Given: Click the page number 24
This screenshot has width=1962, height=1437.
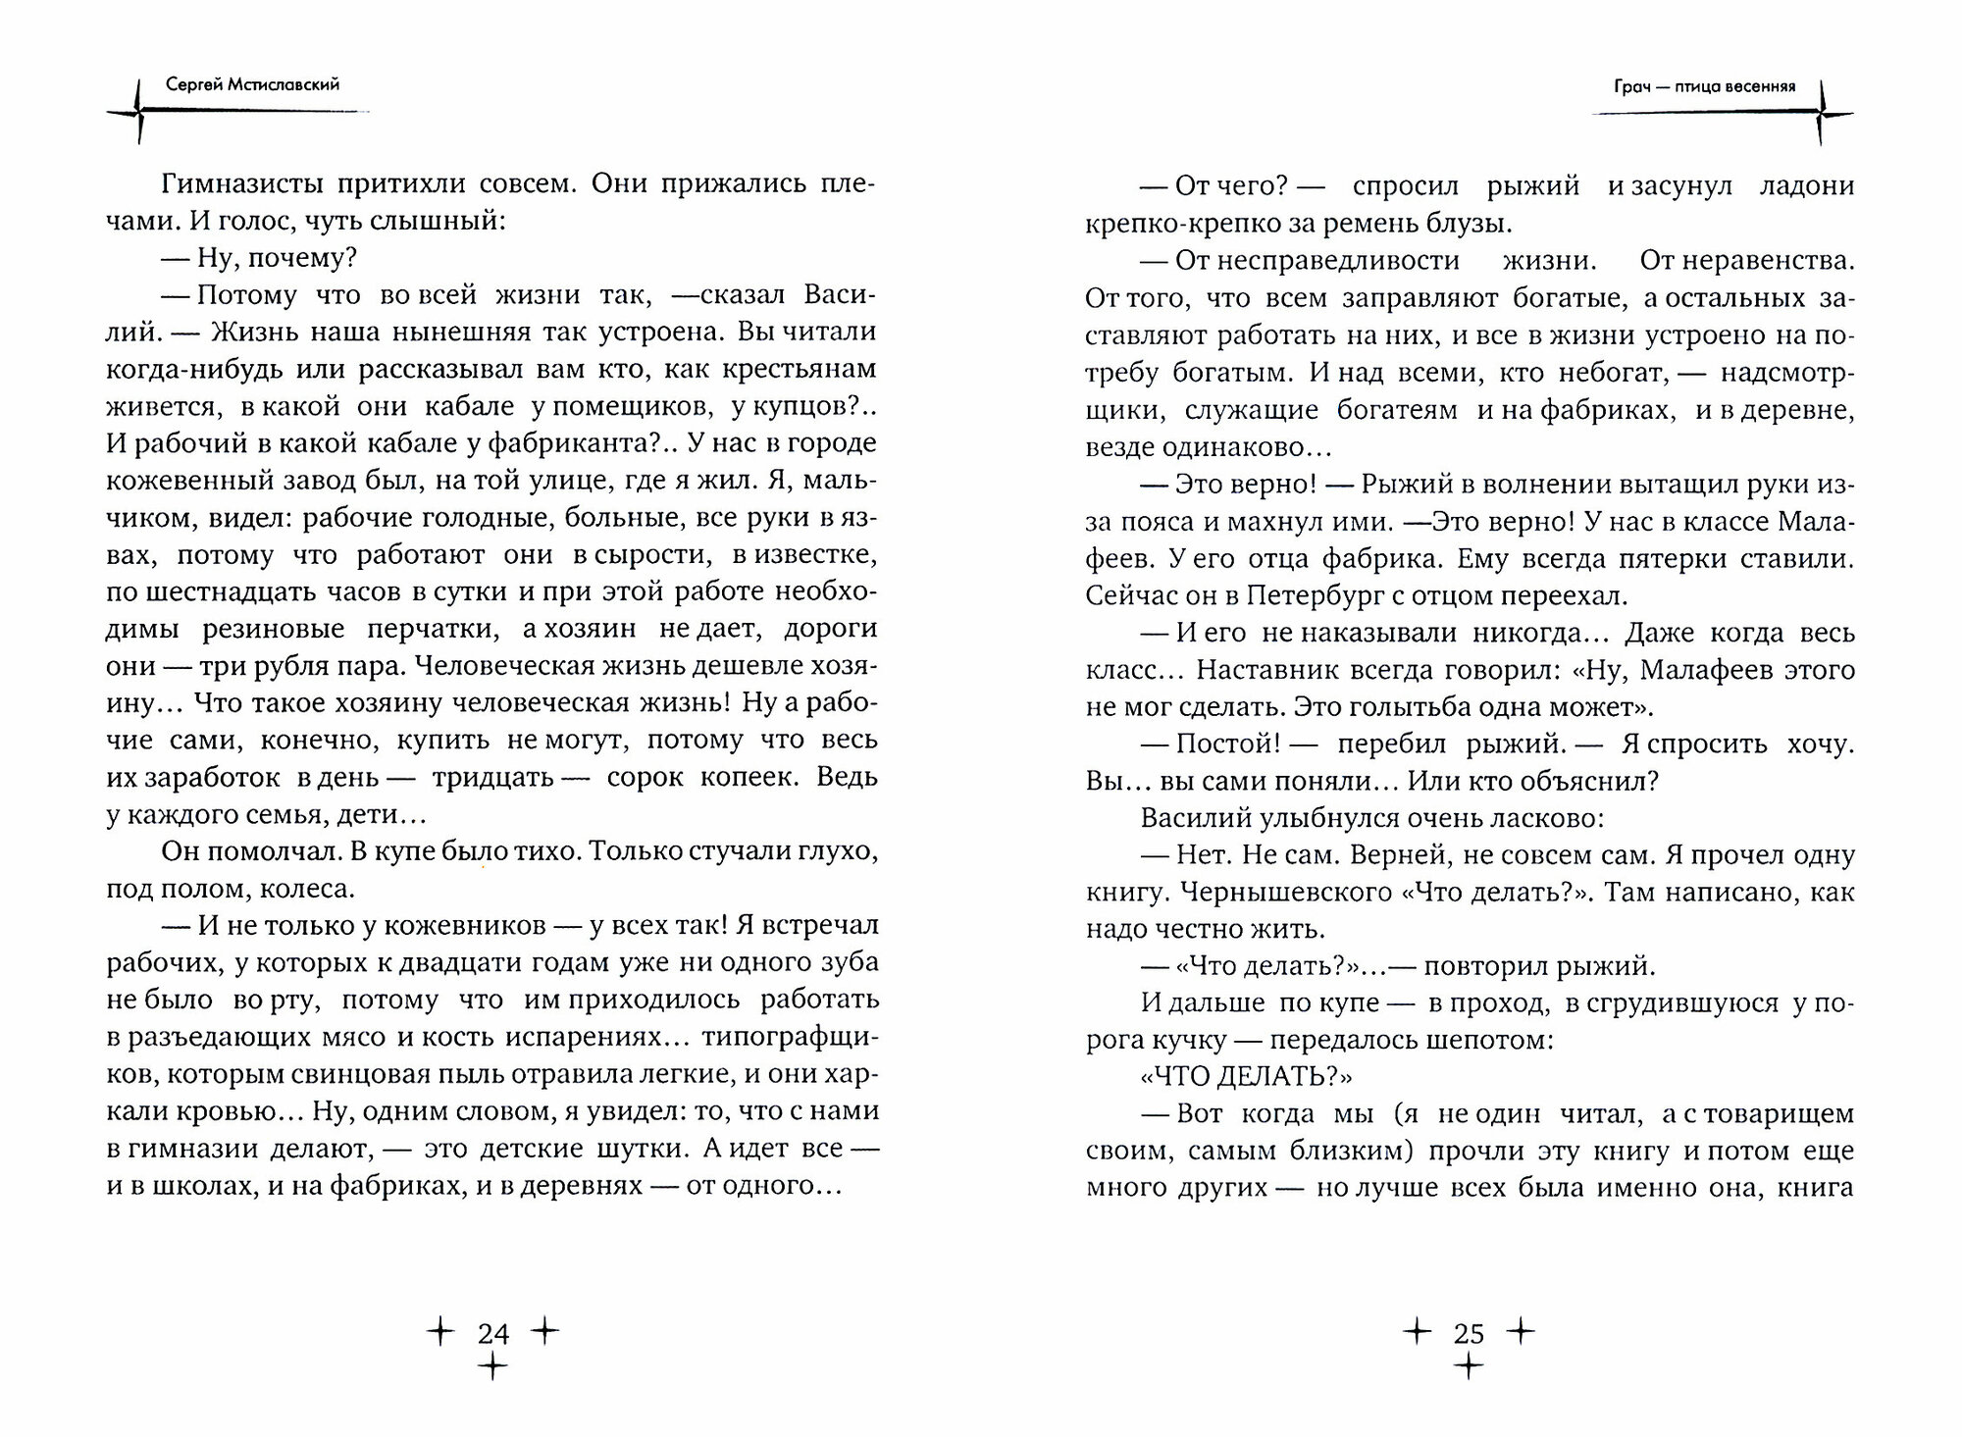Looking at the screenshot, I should click(x=493, y=1333).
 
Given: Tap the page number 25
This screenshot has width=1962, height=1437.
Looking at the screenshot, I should click(x=1469, y=1333).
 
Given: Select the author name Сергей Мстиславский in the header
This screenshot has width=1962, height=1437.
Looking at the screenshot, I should click(x=253, y=84).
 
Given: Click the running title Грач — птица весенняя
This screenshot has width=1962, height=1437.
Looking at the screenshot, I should click(x=1705, y=85).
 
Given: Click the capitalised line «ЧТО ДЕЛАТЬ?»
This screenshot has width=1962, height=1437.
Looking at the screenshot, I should click(x=1247, y=1077).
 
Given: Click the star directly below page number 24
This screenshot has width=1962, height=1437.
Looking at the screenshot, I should click(x=493, y=1366).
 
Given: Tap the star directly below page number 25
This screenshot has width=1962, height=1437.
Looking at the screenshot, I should click(x=1469, y=1366).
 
